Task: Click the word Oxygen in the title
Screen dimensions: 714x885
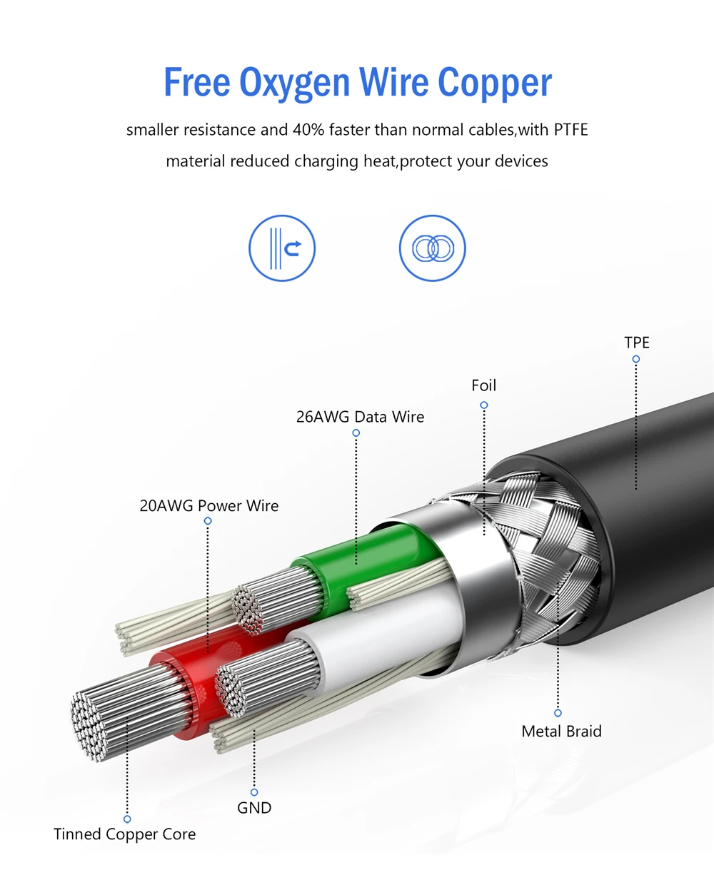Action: [294, 84]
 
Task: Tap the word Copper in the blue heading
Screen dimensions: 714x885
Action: [494, 84]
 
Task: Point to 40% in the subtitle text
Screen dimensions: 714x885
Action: [308, 130]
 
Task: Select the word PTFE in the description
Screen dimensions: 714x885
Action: [570, 130]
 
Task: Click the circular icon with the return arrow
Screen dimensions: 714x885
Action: [282, 248]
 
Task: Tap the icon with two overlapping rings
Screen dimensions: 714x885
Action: [433, 248]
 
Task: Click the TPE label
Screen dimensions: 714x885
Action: [637, 343]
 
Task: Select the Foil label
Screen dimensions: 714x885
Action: [483, 385]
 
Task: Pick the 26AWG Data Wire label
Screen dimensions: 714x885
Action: [360, 417]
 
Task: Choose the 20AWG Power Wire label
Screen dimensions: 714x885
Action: [209, 506]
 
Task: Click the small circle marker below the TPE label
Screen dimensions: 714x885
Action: [635, 359]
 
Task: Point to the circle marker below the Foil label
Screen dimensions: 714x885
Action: [484, 405]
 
